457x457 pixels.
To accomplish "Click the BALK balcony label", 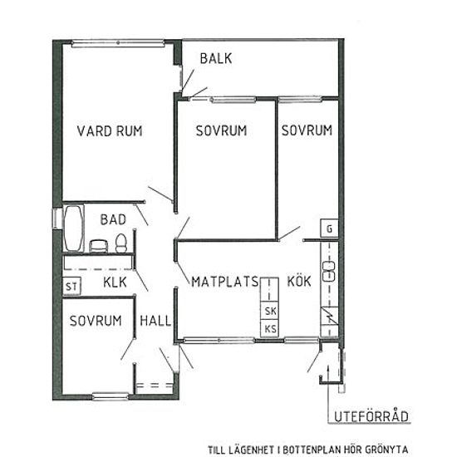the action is [216, 58].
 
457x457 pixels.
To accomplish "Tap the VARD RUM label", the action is [110, 130].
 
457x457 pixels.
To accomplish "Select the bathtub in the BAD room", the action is [72, 228].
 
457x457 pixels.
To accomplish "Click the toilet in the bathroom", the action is [121, 243].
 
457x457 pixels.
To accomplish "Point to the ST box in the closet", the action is [71, 286].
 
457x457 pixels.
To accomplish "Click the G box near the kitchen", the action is [329, 228].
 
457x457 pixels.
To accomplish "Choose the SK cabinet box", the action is [269, 311].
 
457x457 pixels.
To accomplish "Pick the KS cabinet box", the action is [269, 328].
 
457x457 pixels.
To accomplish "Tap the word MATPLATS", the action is [224, 282].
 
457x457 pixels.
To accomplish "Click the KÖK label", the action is [299, 281].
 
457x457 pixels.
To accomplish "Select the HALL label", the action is [155, 321].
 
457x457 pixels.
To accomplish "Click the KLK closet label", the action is [115, 283].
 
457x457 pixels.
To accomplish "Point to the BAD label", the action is [113, 219].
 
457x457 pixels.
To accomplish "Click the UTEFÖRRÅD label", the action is [371, 416].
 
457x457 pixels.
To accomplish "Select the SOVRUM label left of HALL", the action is [96, 321].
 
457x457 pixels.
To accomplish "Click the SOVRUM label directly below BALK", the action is [221, 130].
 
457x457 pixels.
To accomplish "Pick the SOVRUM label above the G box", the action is [307, 130].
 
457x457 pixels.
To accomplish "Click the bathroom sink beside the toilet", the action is [99, 246].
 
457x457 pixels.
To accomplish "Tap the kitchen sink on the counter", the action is [329, 272].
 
